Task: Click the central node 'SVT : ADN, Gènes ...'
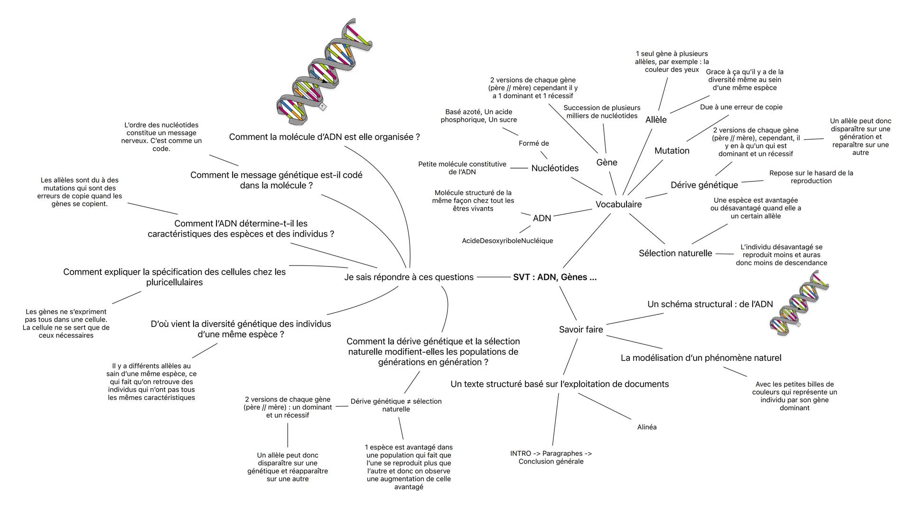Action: click(554, 277)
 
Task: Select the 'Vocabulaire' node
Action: click(618, 204)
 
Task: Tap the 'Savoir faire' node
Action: click(581, 329)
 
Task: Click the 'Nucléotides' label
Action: click(555, 168)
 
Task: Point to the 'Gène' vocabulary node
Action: click(607, 162)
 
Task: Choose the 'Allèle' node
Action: click(656, 120)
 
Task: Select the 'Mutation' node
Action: click(672, 151)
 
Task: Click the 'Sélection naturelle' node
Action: click(675, 253)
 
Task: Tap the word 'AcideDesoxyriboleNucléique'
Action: click(507, 241)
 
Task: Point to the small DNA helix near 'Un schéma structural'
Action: click(799, 304)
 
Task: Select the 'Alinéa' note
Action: click(646, 427)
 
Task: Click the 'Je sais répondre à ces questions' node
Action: click(409, 277)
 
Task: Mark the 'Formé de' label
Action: click(533, 143)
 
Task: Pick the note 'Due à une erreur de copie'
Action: click(741, 107)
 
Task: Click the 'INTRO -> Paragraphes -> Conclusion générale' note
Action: click(551, 457)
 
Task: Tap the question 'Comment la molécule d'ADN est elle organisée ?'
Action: click(324, 137)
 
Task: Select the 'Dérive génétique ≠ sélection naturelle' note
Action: click(396, 405)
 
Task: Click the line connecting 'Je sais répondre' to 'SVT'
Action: click(493, 277)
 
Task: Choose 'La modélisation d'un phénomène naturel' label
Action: click(701, 358)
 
